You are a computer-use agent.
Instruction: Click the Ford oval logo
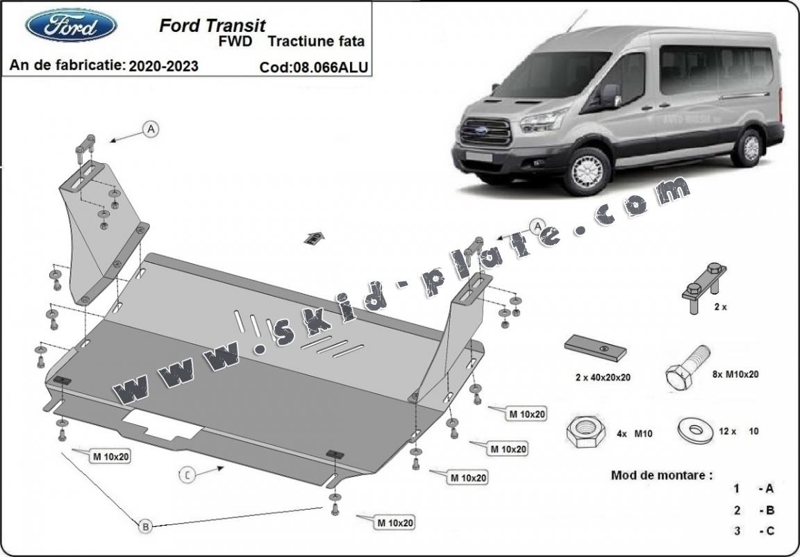[71, 25]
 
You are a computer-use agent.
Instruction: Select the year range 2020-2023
[162, 66]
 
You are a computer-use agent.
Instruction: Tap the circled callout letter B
[146, 527]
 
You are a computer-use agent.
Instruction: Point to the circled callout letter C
[187, 475]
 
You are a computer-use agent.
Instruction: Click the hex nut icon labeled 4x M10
[585, 433]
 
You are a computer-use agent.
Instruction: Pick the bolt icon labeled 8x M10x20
[685, 367]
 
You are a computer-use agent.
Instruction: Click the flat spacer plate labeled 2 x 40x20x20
[596, 348]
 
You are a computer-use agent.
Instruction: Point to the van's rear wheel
[749, 148]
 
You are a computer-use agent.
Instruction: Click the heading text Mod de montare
[661, 475]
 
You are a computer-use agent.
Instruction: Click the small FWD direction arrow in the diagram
[315, 237]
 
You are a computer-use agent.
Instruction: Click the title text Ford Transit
[212, 26]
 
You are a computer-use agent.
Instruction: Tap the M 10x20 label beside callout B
[111, 456]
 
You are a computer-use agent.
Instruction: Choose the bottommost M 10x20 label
[395, 522]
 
